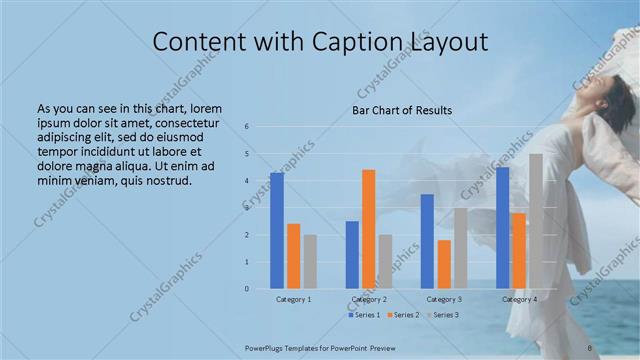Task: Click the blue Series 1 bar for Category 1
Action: point(277,231)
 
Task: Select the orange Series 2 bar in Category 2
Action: point(369,229)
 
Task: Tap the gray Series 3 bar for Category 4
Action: point(536,221)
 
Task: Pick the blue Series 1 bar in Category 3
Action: point(427,241)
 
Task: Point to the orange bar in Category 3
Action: point(444,264)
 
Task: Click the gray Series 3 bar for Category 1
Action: point(310,262)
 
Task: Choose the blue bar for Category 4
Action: point(502,228)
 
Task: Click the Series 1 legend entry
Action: point(363,315)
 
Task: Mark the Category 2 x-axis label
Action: point(369,299)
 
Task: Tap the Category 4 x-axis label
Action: point(519,299)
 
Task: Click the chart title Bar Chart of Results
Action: point(402,110)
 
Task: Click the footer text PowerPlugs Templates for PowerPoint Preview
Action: point(315,347)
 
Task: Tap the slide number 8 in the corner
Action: point(590,347)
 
